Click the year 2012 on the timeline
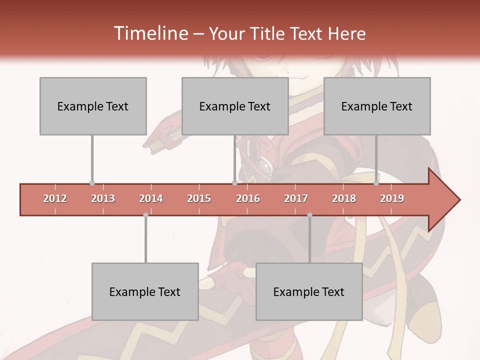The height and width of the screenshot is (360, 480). pos(55,199)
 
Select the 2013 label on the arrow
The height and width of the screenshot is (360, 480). pos(103,199)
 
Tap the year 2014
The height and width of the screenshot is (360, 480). pos(151,199)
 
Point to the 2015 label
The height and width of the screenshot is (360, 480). pos(199,199)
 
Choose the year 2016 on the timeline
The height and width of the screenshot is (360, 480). pos(248,199)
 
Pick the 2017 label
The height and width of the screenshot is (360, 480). pos(296,199)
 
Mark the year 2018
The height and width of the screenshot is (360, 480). pos(344,199)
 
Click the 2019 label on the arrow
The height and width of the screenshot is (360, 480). pos(392,199)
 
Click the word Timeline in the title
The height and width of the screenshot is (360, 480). pos(150,33)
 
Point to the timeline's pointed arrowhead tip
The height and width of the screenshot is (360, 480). pos(459,200)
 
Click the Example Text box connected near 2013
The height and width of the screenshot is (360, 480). pos(93,106)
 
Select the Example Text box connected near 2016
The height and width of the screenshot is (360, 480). pos(235,106)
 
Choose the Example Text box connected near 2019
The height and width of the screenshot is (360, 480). pos(377,106)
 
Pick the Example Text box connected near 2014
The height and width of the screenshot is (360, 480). pos(145,291)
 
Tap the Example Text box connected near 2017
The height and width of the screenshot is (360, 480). pos(309,291)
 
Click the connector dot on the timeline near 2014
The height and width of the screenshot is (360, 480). pos(145,215)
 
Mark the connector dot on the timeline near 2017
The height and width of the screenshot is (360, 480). pos(309,215)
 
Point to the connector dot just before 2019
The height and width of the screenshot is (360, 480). pos(376,183)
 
